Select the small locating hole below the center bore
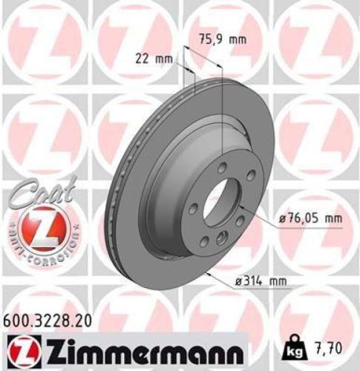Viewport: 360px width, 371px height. pyautogui.click(x=220, y=238)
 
